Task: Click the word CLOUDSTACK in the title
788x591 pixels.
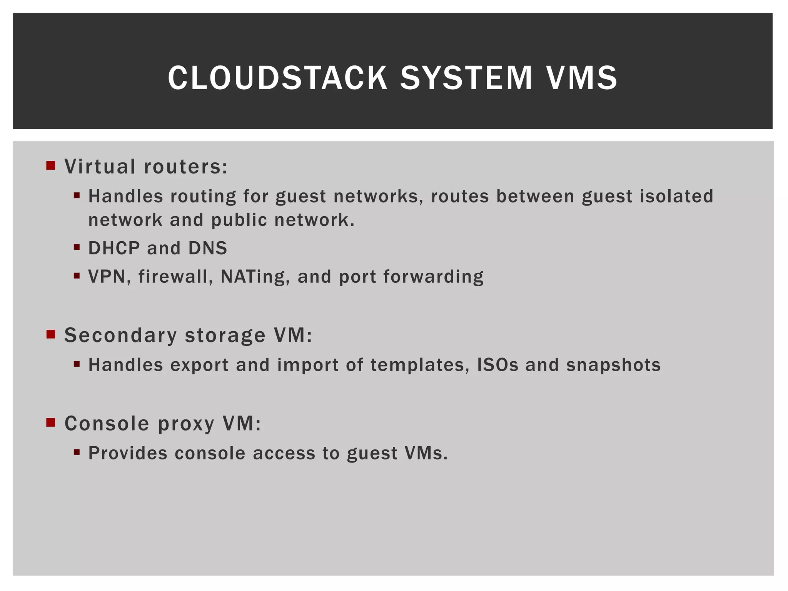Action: point(277,78)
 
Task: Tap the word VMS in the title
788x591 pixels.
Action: point(582,78)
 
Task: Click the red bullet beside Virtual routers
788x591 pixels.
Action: point(51,165)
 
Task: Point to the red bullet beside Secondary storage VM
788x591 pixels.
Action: point(51,334)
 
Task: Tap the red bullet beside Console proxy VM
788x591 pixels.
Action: point(51,422)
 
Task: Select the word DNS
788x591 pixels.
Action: point(208,248)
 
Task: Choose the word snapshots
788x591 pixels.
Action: point(613,365)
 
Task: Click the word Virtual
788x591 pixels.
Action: point(100,167)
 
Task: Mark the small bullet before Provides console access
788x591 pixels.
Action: point(77,452)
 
